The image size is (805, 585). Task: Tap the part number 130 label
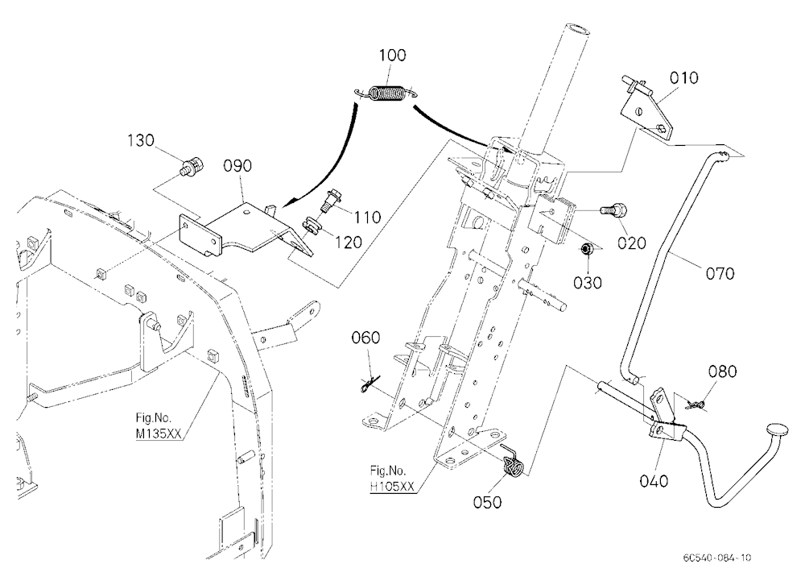(141, 140)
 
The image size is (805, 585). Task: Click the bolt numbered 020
(613, 210)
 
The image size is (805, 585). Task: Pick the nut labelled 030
(587, 249)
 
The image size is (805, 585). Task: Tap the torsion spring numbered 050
(512, 462)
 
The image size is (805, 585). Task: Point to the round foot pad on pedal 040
(779, 430)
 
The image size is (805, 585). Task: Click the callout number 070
(720, 273)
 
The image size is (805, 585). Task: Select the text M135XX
(159, 433)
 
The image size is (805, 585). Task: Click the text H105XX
(392, 487)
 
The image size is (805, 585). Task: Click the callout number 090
(237, 165)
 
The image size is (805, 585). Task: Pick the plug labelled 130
(193, 167)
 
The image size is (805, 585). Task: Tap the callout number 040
(654, 481)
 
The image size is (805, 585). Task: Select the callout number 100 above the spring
(392, 55)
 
